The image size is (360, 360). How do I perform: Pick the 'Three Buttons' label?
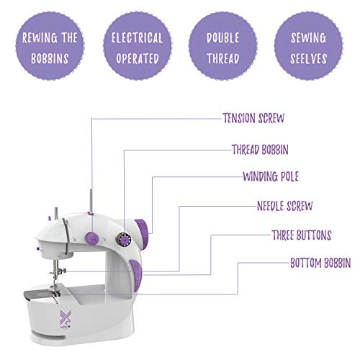tap(301, 235)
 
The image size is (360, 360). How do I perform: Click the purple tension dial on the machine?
tap(94, 237)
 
